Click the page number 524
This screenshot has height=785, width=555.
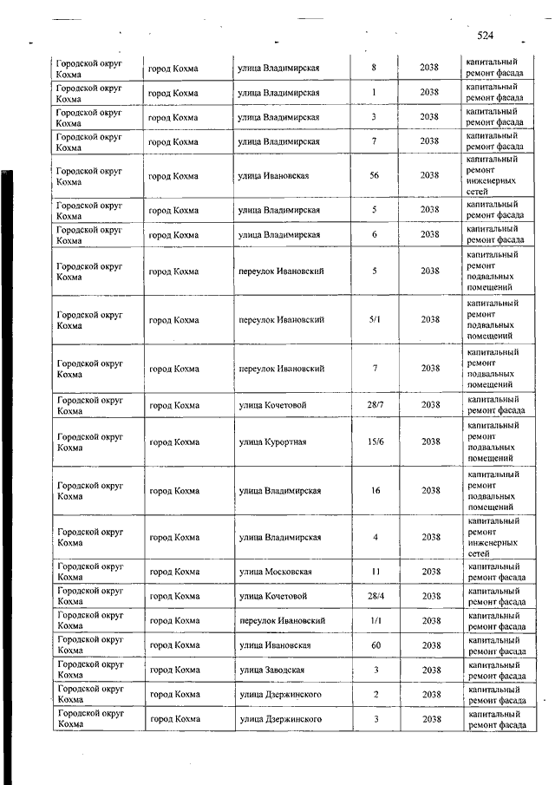click(x=485, y=36)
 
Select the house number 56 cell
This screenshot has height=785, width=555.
click(x=374, y=175)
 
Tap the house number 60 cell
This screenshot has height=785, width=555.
click(x=375, y=645)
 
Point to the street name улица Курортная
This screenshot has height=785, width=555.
click(x=272, y=442)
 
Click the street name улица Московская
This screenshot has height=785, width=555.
click(x=275, y=572)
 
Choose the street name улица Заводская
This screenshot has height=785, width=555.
click(x=272, y=670)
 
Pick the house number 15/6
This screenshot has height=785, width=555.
click(x=375, y=442)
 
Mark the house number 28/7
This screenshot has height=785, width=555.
click(x=375, y=405)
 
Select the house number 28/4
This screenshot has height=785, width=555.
click(x=375, y=596)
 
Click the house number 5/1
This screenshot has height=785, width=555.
click(x=375, y=320)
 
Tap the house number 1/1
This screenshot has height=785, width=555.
click(x=375, y=621)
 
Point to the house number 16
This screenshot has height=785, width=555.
click(x=375, y=491)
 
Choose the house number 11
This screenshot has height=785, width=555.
click(x=375, y=572)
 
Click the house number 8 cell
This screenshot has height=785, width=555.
click(x=374, y=68)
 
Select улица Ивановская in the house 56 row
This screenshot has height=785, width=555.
click(x=273, y=175)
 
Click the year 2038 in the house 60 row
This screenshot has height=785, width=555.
click(x=430, y=645)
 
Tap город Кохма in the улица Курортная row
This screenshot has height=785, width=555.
click(x=173, y=442)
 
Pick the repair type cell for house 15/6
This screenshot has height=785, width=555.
click(x=494, y=442)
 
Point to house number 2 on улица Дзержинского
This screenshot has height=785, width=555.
click(x=375, y=694)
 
